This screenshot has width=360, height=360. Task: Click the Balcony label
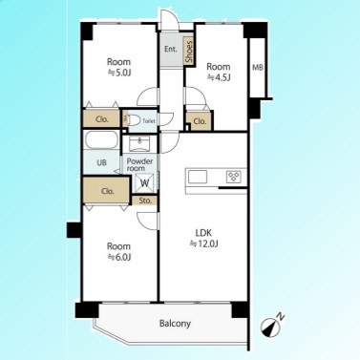pyautogui.click(x=175, y=324)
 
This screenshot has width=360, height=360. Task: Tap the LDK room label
pyautogui.click(x=203, y=233)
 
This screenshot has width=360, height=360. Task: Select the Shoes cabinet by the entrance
pyautogui.click(x=189, y=52)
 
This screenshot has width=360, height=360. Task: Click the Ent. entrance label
pyautogui.click(x=171, y=49)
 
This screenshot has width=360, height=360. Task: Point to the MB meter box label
pyautogui.click(x=258, y=68)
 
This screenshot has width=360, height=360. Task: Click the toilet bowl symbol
pyautogui.click(x=134, y=120)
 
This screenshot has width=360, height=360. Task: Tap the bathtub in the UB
pyautogui.click(x=101, y=140)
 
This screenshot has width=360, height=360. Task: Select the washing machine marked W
pyautogui.click(x=145, y=182)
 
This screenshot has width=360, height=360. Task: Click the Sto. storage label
pyautogui.click(x=145, y=201)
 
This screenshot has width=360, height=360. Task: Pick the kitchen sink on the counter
pyautogui.click(x=198, y=177)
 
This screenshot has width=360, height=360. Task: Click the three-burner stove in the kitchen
pyautogui.click(x=234, y=177)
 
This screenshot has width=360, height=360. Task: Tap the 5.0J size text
pyautogui.click(x=118, y=73)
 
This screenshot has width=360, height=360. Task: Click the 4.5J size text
pyautogui.click(x=219, y=77)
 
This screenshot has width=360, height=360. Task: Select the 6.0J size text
pyautogui.click(x=118, y=257)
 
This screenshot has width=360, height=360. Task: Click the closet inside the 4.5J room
pyautogui.click(x=200, y=121)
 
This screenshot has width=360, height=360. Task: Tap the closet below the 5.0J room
pyautogui.click(x=102, y=119)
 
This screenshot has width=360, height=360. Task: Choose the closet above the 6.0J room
pyautogui.click(x=107, y=191)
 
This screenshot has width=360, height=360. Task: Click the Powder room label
pyautogui.click(x=139, y=164)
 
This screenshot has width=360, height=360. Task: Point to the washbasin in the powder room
pyautogui.click(x=139, y=145)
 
